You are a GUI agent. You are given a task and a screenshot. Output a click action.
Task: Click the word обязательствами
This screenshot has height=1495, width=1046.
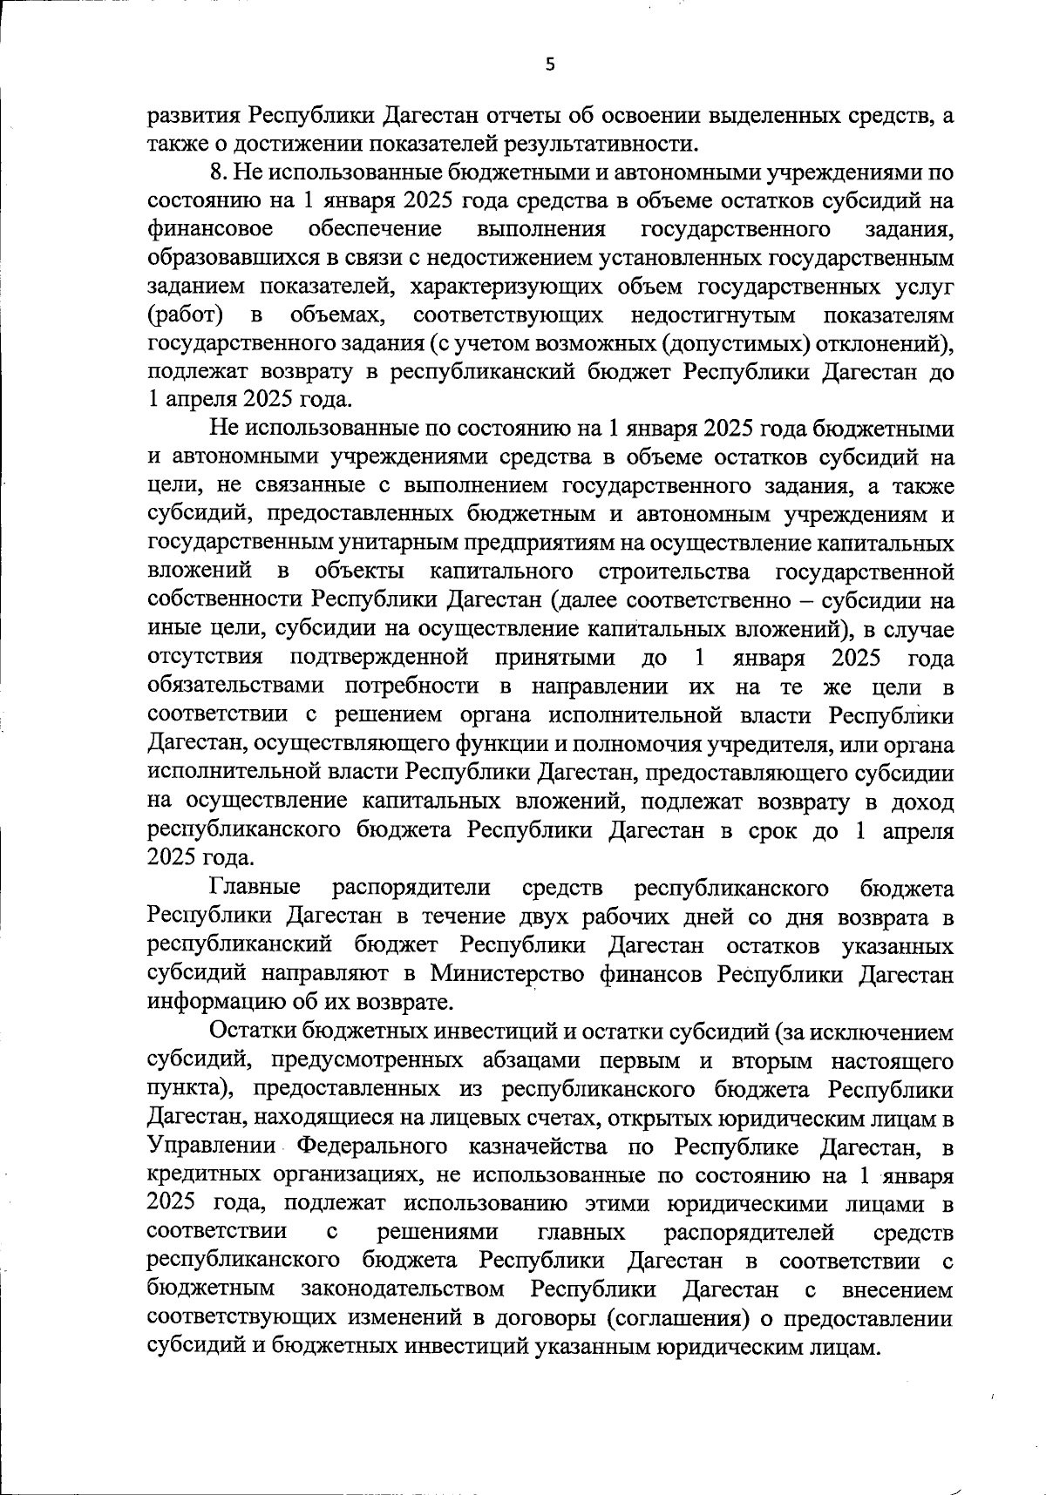tap(234, 686)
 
